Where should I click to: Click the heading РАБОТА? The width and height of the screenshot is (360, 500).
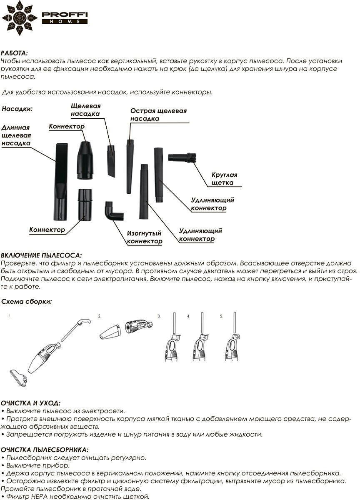(x=15, y=53)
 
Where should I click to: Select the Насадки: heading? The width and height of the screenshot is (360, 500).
(x=17, y=109)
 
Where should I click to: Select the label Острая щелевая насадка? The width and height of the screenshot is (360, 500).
(x=158, y=115)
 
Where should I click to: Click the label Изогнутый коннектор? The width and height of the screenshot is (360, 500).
(x=144, y=237)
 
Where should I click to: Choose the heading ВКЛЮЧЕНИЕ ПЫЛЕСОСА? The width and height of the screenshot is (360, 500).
(x=41, y=255)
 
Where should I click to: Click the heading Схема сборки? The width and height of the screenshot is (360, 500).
(x=26, y=301)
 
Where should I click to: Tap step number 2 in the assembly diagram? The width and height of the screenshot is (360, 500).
(x=100, y=316)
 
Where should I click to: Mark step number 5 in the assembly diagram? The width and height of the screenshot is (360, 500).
(x=221, y=316)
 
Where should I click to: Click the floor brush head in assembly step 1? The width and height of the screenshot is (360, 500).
(x=19, y=375)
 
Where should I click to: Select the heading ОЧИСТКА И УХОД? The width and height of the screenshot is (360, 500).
(x=30, y=403)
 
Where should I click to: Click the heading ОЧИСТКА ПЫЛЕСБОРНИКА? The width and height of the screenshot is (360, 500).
(x=44, y=450)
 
